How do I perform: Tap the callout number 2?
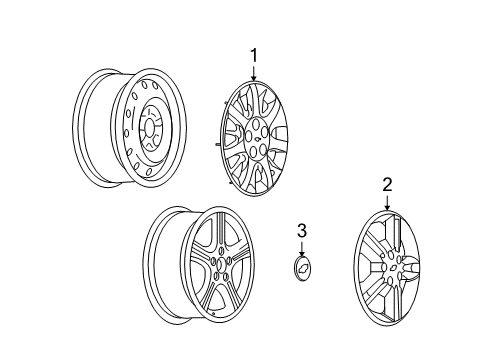coord(387,184)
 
